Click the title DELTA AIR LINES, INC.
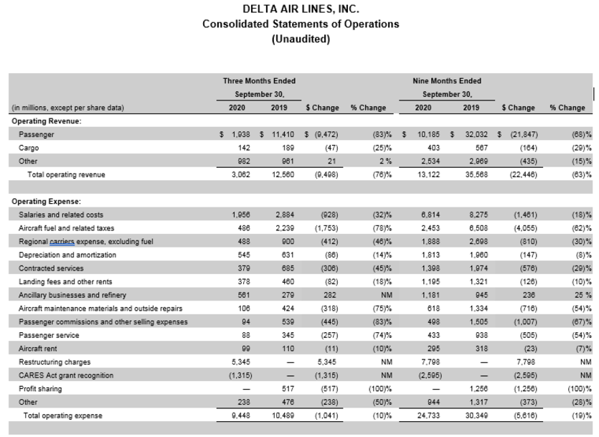(301, 9)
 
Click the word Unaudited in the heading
(301, 39)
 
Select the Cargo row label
(29, 148)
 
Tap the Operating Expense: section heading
(46, 202)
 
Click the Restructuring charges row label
(55, 362)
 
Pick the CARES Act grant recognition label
(62, 375)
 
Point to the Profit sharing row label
(41, 389)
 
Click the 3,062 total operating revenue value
(241, 174)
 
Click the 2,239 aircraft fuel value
(286, 228)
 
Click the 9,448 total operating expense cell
(241, 415)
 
